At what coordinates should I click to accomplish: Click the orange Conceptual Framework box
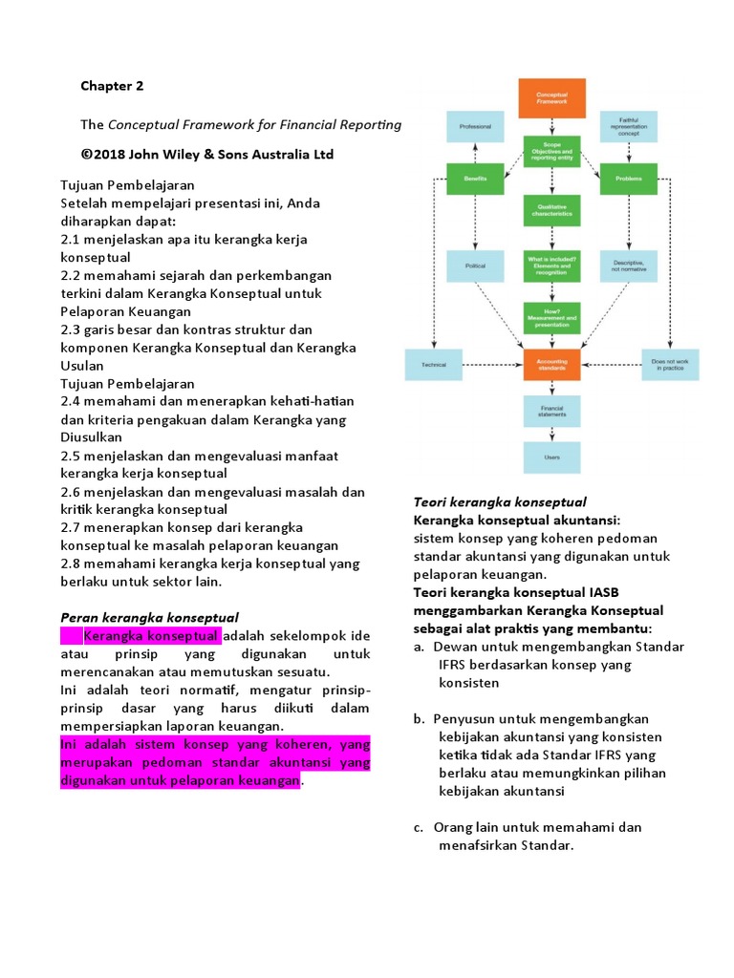coord(551,99)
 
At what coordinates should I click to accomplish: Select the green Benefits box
coord(475,178)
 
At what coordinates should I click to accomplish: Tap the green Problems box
coord(628,178)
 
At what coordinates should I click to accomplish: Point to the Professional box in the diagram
coord(475,127)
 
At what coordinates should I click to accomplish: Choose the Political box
coord(475,266)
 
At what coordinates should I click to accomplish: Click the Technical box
coord(435,363)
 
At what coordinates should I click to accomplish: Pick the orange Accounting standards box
coord(551,363)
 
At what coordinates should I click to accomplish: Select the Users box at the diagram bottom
coord(551,457)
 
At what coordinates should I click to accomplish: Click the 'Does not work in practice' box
coord(668,363)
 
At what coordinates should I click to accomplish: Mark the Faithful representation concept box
coord(628,125)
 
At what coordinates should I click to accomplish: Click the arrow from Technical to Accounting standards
coord(493,364)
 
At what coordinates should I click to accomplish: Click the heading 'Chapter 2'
coord(112,86)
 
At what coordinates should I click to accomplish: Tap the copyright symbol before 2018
coord(87,155)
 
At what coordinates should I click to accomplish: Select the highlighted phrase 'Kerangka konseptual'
coord(152,636)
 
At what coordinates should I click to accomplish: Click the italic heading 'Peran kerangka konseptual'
coord(149,617)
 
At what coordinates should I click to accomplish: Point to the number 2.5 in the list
coord(71,456)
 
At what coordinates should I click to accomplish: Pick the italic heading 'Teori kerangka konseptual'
coord(499,501)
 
